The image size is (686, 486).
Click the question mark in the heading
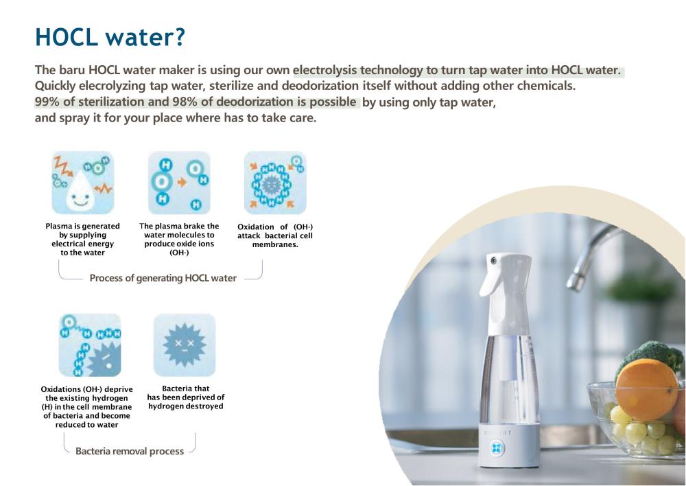point(178,36)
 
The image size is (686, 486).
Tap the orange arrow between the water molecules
point(182,182)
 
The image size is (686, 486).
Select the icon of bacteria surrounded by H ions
point(275,183)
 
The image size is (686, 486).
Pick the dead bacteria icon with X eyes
point(184,345)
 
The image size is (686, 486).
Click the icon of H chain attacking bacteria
point(90,345)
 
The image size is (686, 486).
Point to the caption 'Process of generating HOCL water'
point(163,278)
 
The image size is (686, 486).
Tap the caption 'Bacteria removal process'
point(130,451)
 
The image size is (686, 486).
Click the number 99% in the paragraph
point(47,102)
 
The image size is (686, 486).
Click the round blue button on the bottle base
point(497,448)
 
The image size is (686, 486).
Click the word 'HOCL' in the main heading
point(66,37)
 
